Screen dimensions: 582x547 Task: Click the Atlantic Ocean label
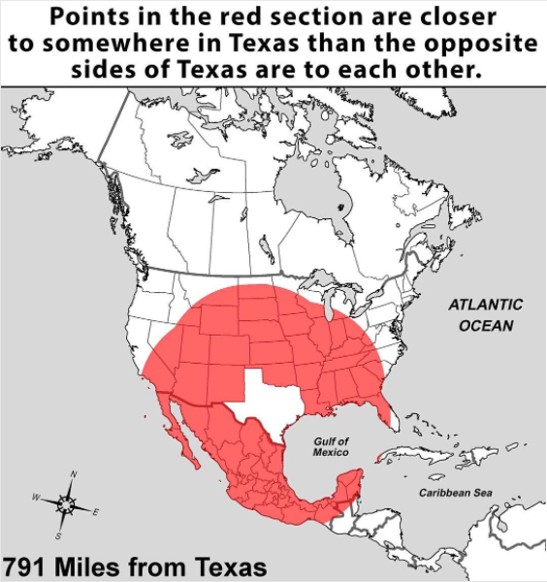tap(485, 314)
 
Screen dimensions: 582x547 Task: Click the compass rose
tap(66, 503)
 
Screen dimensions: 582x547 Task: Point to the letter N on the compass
tap(75, 474)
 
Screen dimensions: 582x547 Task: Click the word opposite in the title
tap(475, 45)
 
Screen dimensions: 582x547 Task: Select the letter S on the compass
tap(57, 534)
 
